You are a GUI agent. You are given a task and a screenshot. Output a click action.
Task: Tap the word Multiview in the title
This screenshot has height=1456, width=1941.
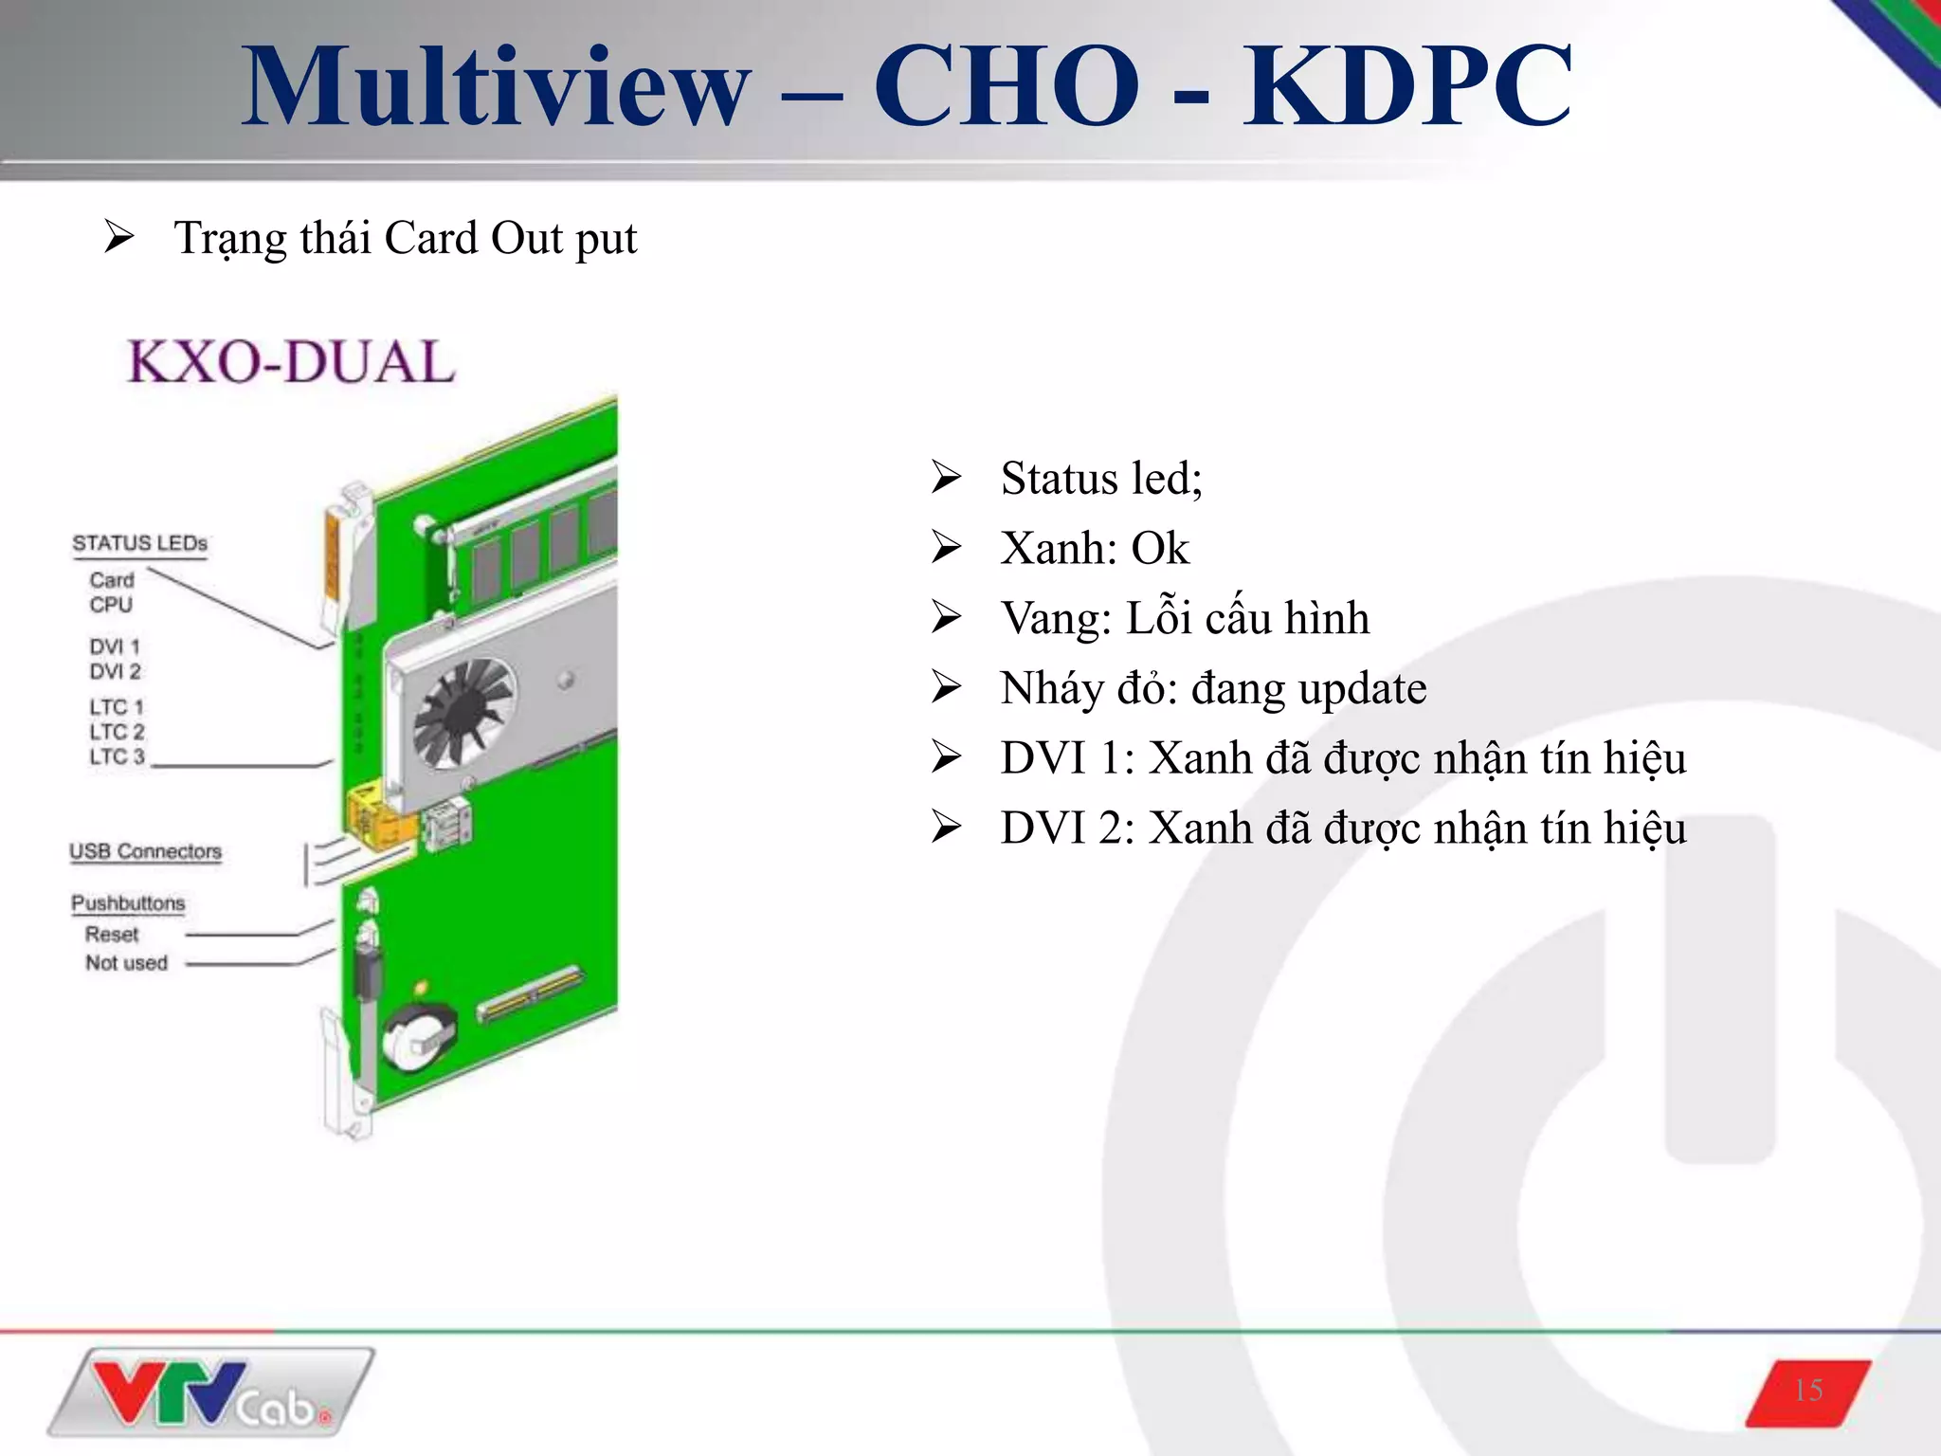tap(496, 87)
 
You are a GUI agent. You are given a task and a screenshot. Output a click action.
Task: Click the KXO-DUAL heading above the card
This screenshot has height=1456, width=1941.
tap(292, 362)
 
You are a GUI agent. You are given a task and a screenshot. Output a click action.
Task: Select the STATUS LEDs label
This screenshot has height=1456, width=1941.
tap(139, 543)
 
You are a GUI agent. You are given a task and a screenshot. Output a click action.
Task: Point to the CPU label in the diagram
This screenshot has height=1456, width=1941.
tap(111, 605)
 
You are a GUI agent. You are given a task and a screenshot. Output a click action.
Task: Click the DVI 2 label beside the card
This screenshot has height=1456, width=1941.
tap(115, 671)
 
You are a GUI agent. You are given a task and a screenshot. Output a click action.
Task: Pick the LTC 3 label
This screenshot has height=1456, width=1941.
tap(117, 756)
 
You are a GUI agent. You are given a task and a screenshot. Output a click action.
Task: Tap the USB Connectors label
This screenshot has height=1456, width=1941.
tap(145, 851)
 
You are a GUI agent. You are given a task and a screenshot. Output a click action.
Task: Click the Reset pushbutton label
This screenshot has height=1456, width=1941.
tap(112, 934)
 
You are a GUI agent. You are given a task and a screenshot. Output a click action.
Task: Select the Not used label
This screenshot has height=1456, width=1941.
tap(126, 963)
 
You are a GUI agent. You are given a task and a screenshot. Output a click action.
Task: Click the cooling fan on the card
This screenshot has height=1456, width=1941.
tap(464, 713)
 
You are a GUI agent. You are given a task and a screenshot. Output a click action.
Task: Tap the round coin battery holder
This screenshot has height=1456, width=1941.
tap(418, 1038)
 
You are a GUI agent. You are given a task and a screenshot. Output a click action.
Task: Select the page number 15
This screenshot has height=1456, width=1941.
tap(1808, 1391)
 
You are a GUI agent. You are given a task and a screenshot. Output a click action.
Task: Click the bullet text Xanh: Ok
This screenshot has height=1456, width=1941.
tap(1094, 549)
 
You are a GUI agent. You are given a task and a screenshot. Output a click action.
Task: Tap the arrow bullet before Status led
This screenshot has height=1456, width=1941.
tap(946, 477)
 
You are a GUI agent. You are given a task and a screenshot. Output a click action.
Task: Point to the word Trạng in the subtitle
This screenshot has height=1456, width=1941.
tap(231, 239)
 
